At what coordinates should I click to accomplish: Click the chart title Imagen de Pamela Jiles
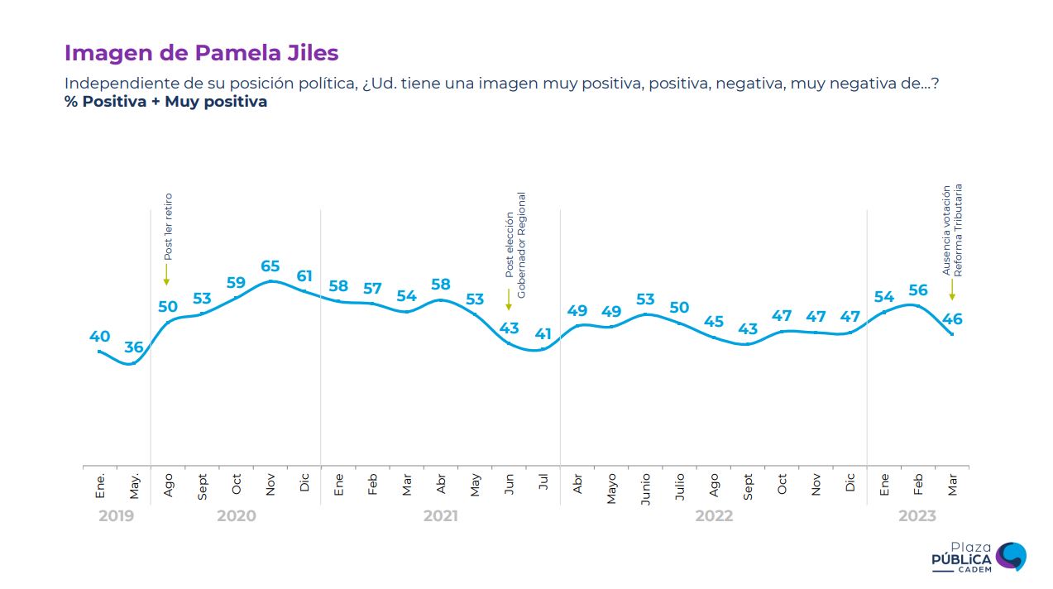point(201,53)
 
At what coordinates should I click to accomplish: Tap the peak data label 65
point(270,266)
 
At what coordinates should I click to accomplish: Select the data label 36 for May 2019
point(134,347)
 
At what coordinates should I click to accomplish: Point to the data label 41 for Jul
point(543,334)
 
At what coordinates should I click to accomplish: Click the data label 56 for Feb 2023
point(918,290)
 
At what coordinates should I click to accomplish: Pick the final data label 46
point(952,319)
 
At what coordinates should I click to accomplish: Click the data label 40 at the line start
point(99,336)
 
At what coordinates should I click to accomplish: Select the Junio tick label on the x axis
point(645,488)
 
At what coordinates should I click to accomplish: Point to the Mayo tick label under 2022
point(611,488)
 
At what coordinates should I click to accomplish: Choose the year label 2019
point(116,516)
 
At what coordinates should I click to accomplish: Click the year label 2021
point(440,516)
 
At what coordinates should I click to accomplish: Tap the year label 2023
point(917,516)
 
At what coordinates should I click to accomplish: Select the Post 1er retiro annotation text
point(168,227)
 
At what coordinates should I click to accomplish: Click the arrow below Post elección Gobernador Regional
point(509,299)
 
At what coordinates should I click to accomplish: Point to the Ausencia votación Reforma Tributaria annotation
point(953,230)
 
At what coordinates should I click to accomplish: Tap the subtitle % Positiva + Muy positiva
point(165,103)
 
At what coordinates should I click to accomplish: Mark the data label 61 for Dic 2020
point(304,275)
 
